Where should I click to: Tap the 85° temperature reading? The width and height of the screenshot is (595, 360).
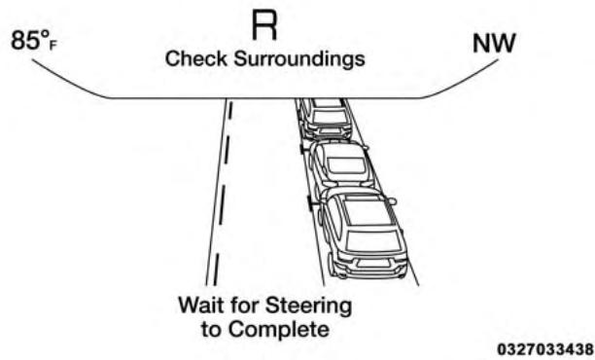coord(29,44)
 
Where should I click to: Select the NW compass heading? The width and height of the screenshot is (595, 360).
coord(495,45)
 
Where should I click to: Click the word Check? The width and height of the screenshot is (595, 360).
coord(189,59)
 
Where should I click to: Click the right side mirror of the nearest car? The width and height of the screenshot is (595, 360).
coord(391,201)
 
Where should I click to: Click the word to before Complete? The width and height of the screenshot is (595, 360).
coord(212,329)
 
